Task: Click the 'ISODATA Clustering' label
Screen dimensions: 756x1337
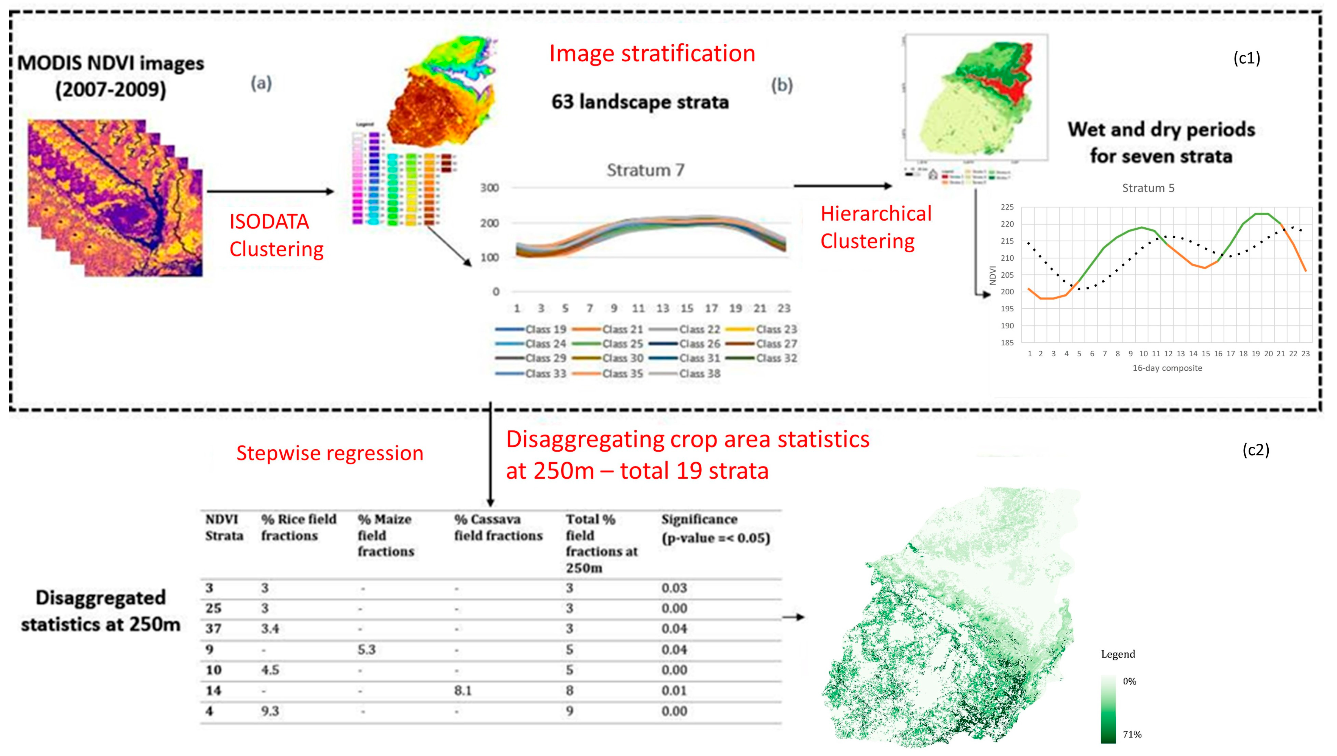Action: [276, 235]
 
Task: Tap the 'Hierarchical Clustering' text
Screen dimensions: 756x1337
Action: [876, 227]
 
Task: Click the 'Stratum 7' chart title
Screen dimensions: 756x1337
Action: [645, 170]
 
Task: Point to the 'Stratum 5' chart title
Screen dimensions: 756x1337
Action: [1148, 188]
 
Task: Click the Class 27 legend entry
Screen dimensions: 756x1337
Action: [776, 344]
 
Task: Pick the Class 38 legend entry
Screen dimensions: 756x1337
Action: [699, 373]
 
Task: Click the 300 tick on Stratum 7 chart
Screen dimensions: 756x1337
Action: [489, 188]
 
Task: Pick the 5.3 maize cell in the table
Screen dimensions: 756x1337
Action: [366, 649]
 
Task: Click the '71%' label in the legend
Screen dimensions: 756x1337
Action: [1132, 734]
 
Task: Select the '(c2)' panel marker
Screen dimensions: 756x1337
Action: [1255, 450]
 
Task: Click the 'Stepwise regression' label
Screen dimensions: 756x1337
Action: [330, 453]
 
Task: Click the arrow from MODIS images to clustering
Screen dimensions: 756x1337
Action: [270, 192]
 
